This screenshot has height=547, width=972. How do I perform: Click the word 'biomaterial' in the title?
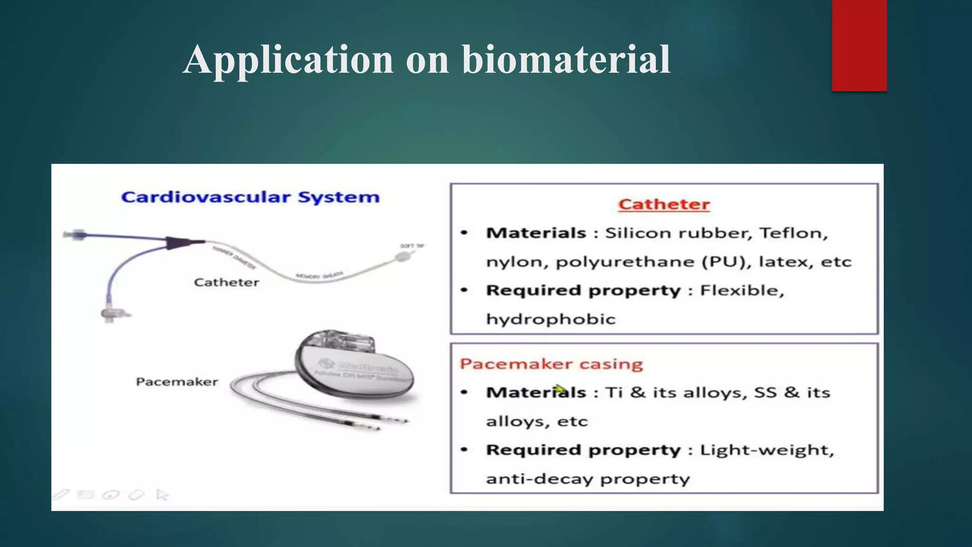pyautogui.click(x=566, y=60)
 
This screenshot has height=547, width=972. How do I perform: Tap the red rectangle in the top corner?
pyautogui.click(x=859, y=45)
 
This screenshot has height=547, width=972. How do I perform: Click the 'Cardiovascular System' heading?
pyautogui.click(x=250, y=197)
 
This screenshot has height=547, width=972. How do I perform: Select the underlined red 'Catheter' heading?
pyautogui.click(x=664, y=204)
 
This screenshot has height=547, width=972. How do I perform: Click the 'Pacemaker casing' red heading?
pyautogui.click(x=551, y=364)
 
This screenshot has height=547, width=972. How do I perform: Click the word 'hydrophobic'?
pyautogui.click(x=551, y=319)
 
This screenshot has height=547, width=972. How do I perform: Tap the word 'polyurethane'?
pyautogui.click(x=625, y=262)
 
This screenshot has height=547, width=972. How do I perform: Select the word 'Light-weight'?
pyautogui.click(x=766, y=450)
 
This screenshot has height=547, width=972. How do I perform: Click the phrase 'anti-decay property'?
pyautogui.click(x=588, y=479)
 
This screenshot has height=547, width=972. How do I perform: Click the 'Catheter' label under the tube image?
pyautogui.click(x=226, y=283)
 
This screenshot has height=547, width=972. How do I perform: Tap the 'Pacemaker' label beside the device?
pyautogui.click(x=177, y=382)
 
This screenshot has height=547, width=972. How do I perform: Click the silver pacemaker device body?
pyautogui.click(x=356, y=375)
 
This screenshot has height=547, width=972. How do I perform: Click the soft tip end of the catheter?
pyautogui.click(x=402, y=257)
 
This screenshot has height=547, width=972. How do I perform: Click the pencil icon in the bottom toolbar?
pyautogui.click(x=61, y=495)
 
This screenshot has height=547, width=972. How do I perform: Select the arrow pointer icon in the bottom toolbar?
pyautogui.click(x=162, y=495)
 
